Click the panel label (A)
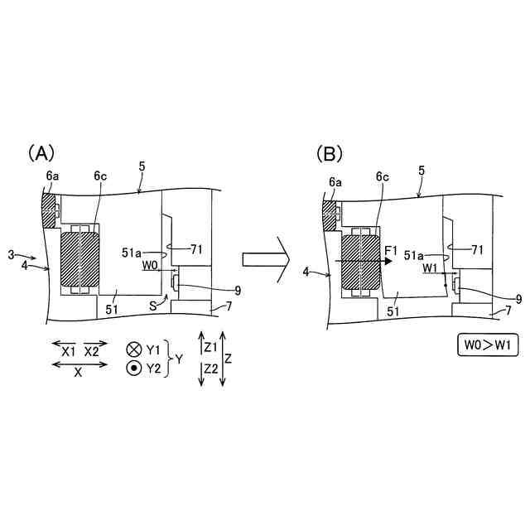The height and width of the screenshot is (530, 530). click(x=41, y=153)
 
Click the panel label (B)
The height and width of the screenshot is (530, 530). click(x=329, y=153)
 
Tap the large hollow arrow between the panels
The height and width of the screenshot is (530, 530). click(x=264, y=259)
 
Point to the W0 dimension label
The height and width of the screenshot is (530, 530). click(x=151, y=266)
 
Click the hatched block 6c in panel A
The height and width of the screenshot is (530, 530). click(x=80, y=259)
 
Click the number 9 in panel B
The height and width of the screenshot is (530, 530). click(x=518, y=299)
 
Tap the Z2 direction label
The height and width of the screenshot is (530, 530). click(x=210, y=369)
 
